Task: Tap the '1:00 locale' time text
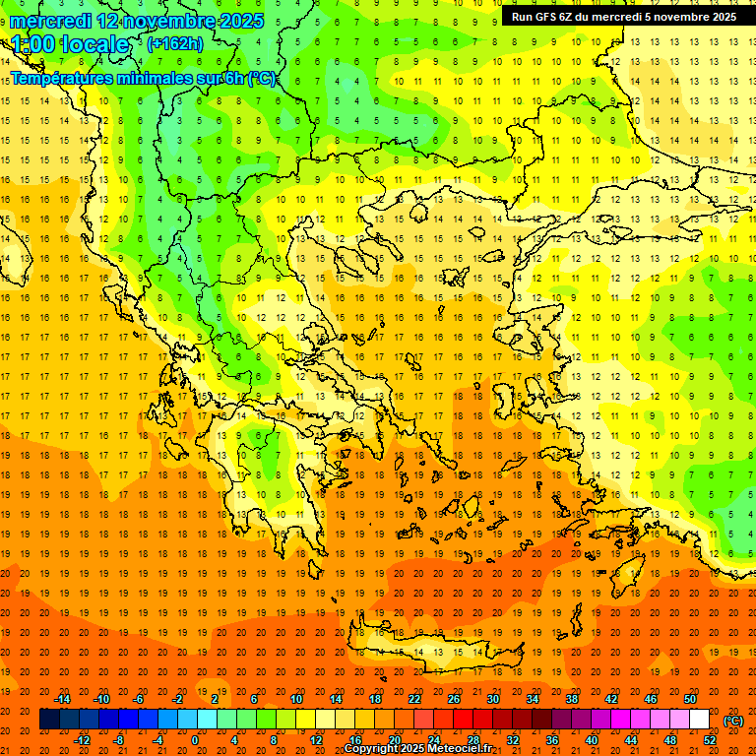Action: [x=70, y=44]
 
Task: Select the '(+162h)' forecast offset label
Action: [x=176, y=44]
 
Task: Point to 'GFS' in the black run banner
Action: [x=538, y=17]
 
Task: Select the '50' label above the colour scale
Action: [x=689, y=699]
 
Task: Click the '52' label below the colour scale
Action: [x=710, y=740]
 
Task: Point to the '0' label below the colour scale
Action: [x=195, y=740]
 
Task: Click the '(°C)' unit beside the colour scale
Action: [x=733, y=721]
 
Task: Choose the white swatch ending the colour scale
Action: [x=699, y=720]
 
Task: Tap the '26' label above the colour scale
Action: [x=454, y=699]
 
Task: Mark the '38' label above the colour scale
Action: [x=571, y=699]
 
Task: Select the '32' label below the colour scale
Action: [x=512, y=740]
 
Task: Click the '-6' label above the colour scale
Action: [x=138, y=699]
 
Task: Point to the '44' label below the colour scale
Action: [x=631, y=740]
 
